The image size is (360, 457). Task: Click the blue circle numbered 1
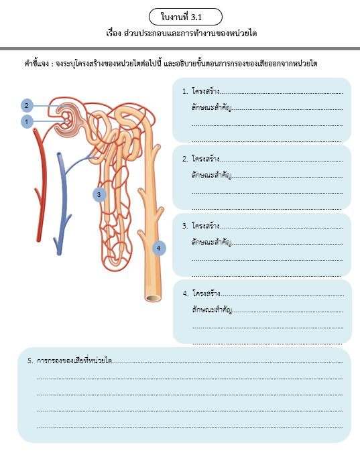click(27, 121)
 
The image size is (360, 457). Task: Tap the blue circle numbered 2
click(27, 105)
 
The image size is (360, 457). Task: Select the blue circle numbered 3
click(99, 194)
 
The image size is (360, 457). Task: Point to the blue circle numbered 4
click(159, 249)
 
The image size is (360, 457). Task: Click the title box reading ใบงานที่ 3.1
click(186, 17)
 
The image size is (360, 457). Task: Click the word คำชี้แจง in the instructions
click(36, 64)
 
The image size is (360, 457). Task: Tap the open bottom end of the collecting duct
click(153, 298)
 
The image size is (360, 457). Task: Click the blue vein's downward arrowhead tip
click(59, 254)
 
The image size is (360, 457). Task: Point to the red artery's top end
click(35, 129)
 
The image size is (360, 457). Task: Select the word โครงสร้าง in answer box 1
click(206, 91)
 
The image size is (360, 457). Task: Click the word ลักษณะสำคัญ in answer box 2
click(212, 176)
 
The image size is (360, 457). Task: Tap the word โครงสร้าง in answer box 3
click(206, 226)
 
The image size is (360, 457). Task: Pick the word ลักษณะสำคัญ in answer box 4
click(213, 310)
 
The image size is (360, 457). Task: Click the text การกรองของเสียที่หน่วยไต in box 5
click(74, 361)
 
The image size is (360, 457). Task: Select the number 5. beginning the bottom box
click(30, 361)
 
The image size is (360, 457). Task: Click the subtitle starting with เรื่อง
click(181, 34)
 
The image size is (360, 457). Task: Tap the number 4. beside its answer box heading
click(186, 293)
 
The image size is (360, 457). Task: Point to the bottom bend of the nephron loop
click(114, 263)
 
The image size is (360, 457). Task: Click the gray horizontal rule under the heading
click(180, 48)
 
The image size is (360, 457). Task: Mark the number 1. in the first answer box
click(185, 92)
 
